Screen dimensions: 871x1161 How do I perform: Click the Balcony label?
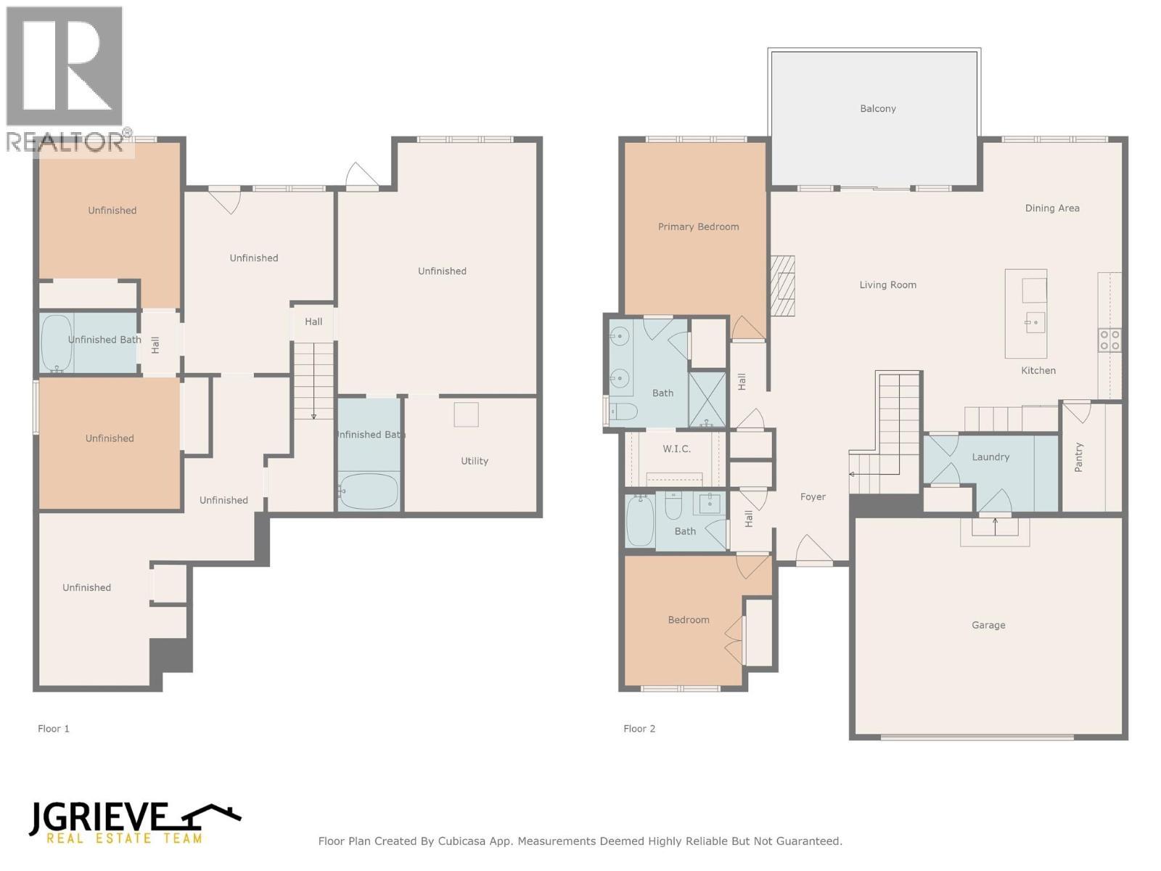tap(877, 109)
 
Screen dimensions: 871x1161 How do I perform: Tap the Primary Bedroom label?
tap(698, 227)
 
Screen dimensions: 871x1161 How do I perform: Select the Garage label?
tap(988, 625)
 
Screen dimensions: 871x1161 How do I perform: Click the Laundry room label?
tap(990, 457)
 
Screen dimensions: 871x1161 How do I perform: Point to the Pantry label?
tap(1078, 457)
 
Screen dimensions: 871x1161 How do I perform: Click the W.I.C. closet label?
tap(676, 449)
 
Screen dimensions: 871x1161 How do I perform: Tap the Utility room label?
tap(474, 461)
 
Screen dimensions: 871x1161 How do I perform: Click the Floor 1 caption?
tap(54, 729)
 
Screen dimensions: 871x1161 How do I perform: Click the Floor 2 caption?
tap(639, 729)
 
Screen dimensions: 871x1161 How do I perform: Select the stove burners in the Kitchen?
tap(1109, 340)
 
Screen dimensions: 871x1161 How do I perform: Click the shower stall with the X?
tap(707, 398)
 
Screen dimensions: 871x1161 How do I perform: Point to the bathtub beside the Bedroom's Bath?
tap(639, 520)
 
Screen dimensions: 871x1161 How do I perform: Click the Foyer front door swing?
tap(813, 549)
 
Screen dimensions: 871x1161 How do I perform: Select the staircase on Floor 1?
tap(313, 380)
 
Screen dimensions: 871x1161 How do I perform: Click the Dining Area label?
tap(1051, 208)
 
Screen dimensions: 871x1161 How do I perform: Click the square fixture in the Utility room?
tap(466, 414)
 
